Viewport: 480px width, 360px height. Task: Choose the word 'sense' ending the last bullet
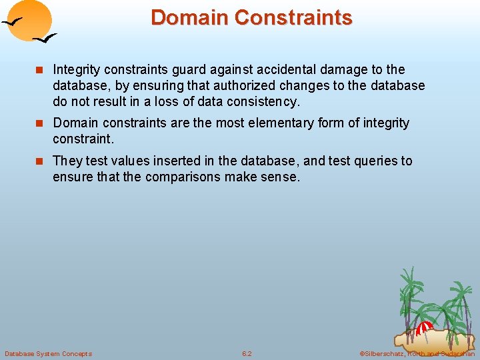coord(282,177)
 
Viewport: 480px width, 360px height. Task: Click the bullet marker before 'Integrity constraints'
coord(41,70)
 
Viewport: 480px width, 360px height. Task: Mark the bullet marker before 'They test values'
coord(41,161)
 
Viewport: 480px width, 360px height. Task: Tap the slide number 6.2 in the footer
coord(247,353)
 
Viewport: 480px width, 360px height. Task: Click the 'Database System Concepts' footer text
coord(48,353)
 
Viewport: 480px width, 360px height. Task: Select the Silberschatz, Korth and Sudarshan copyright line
coord(417,353)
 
